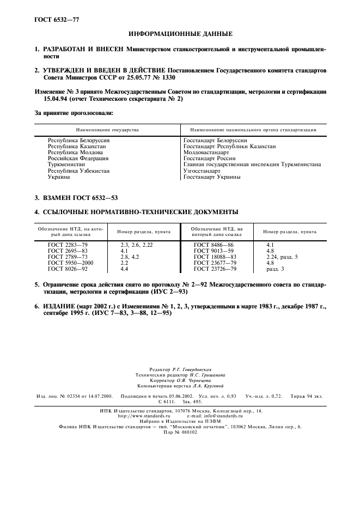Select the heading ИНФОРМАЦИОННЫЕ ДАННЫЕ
180,34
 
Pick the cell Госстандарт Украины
212,177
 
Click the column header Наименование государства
107,130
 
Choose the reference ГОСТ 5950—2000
71,263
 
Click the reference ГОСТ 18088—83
215,257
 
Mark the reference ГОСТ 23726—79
215,269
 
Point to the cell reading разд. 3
275,269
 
